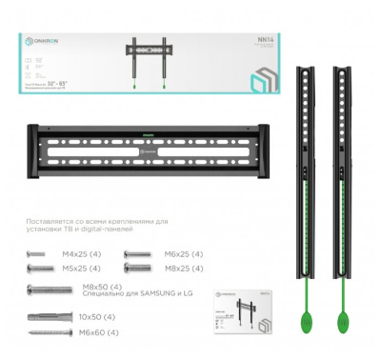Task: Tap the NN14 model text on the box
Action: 265,40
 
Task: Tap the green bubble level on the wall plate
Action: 148,129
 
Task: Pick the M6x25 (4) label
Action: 183,254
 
